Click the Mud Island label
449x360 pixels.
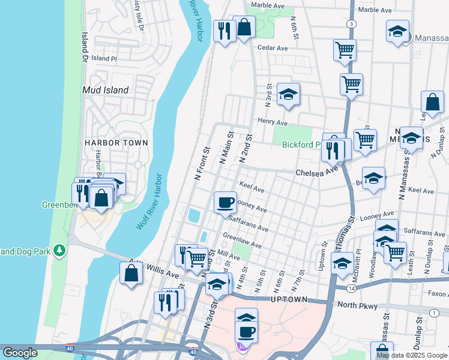pyautogui.click(x=105, y=90)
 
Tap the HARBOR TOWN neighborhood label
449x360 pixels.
pyautogui.click(x=116, y=143)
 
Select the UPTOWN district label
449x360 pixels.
pyautogui.click(x=289, y=299)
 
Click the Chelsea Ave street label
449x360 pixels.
pyautogui.click(x=316, y=172)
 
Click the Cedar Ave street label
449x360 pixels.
pyautogui.click(x=270, y=47)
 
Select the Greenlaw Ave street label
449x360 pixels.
pyautogui.click(x=242, y=241)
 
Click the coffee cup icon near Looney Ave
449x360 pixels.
pyautogui.click(x=226, y=202)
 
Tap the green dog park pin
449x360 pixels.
pyautogui.click(x=59, y=249)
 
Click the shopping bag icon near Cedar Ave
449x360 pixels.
pyautogui.click(x=244, y=28)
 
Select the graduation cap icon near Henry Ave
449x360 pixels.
pyautogui.click(x=288, y=95)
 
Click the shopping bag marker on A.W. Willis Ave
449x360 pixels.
pyautogui.click(x=131, y=274)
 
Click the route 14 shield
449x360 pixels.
pyautogui.click(x=351, y=289)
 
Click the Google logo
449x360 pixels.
pyautogui.click(x=20, y=353)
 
